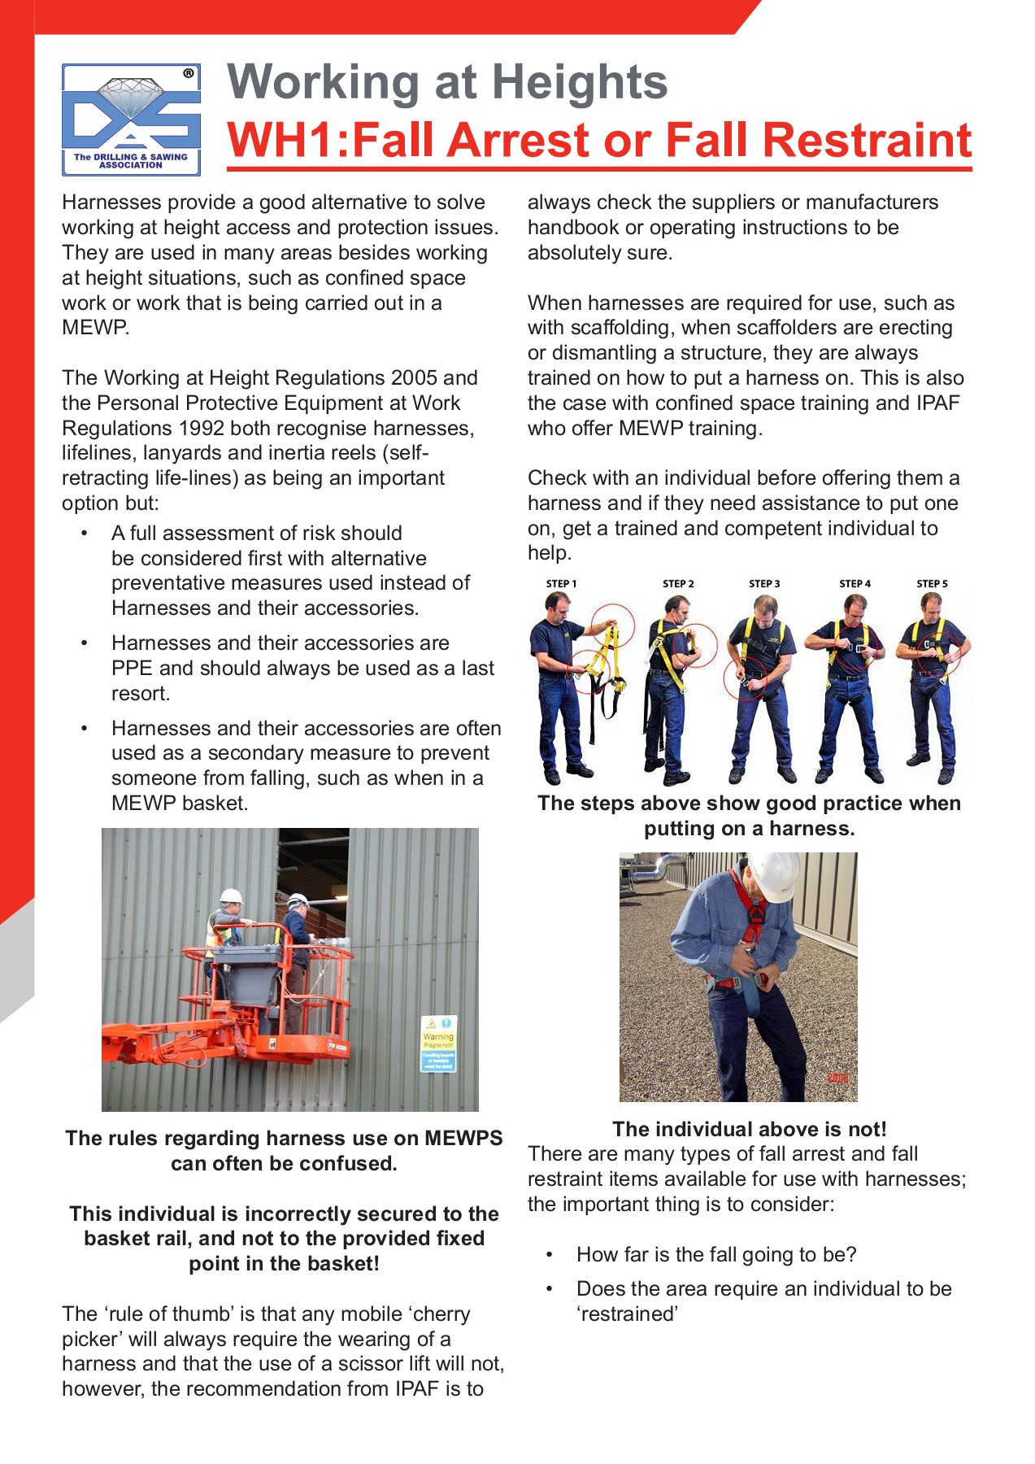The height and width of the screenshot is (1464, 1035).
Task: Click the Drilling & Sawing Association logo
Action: click(x=131, y=120)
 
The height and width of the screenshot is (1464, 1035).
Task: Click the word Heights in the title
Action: click(x=579, y=82)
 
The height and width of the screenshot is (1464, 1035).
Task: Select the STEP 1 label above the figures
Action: click(x=561, y=584)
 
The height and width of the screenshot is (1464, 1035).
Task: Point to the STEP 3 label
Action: click(x=764, y=584)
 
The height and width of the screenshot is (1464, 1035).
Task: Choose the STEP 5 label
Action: click(x=932, y=584)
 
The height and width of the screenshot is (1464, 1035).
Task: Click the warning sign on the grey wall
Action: click(x=438, y=1044)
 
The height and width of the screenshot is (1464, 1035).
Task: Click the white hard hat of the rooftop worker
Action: click(x=772, y=876)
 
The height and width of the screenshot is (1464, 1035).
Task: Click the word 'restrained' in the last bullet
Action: click(x=627, y=1314)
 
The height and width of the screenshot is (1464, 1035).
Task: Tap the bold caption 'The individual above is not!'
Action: click(x=749, y=1129)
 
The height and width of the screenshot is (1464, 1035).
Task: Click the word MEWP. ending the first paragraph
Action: click(x=95, y=328)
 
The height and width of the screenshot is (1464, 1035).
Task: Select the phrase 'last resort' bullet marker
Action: click(x=84, y=643)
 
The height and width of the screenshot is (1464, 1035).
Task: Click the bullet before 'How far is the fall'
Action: click(x=550, y=1255)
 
